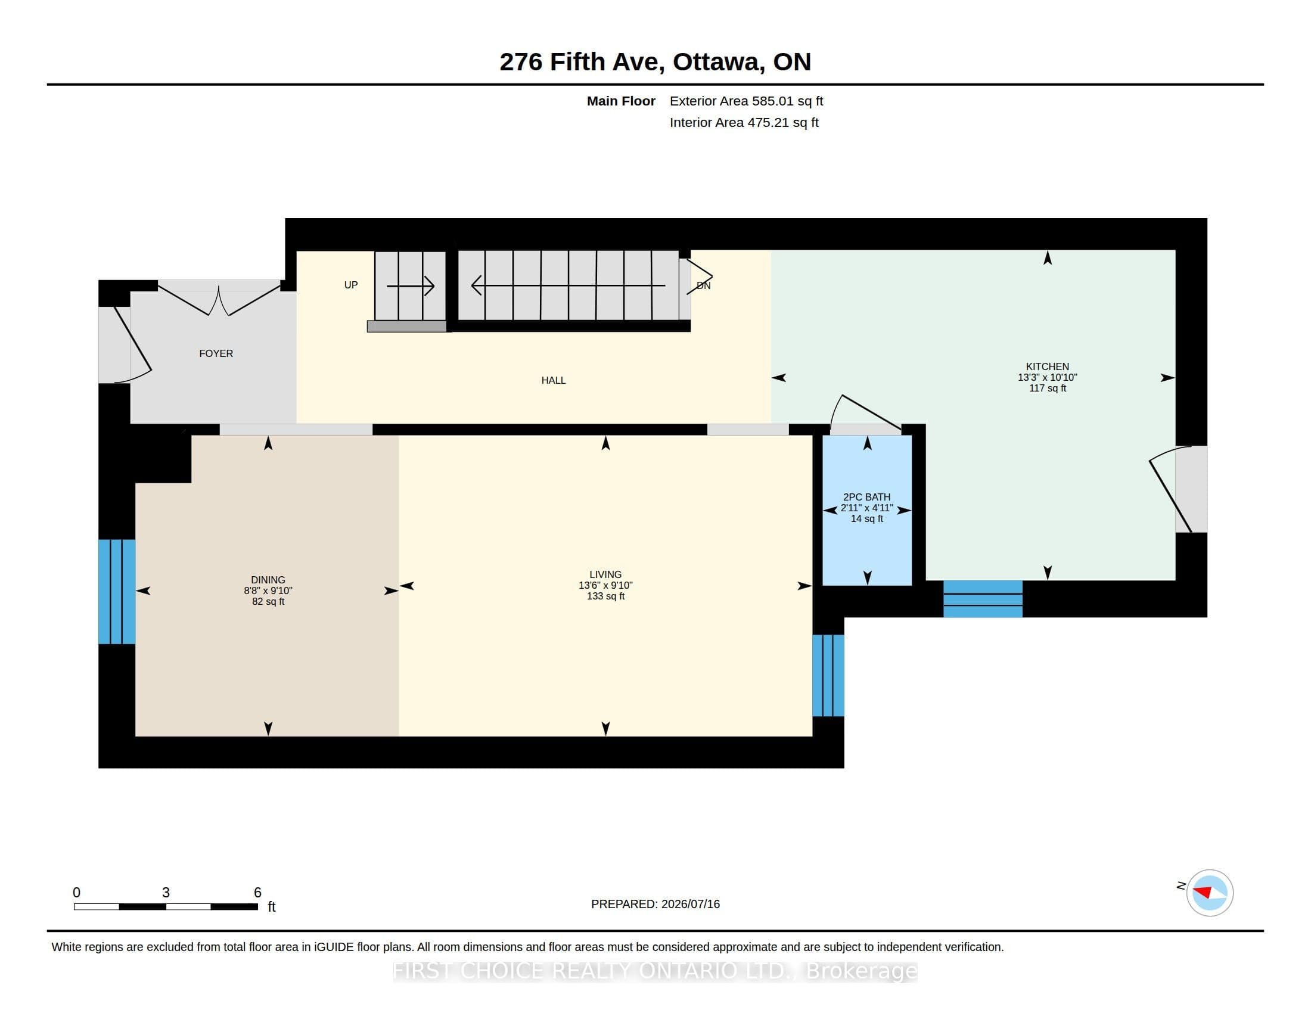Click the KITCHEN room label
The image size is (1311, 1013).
click(x=1048, y=366)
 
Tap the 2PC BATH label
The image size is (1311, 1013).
click(x=867, y=497)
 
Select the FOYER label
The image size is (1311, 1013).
click(x=216, y=353)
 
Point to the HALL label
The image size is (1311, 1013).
click(x=554, y=380)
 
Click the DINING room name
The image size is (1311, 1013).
click(x=268, y=580)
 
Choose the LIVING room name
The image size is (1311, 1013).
click(x=605, y=574)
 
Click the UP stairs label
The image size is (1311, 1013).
click(x=351, y=285)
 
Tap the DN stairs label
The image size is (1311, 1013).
click(x=704, y=285)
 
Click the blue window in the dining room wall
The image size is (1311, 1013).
click(x=117, y=592)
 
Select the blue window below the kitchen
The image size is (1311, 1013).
click(x=983, y=599)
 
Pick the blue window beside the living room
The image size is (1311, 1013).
click(x=828, y=676)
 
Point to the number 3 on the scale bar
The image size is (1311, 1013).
click(x=166, y=893)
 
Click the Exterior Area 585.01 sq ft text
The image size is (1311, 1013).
click(x=746, y=101)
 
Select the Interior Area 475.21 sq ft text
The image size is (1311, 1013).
click(x=744, y=122)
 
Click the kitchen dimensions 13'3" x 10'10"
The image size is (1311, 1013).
click(x=1048, y=377)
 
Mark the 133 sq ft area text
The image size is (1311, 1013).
click(x=605, y=596)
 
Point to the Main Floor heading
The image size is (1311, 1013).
click(x=621, y=101)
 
